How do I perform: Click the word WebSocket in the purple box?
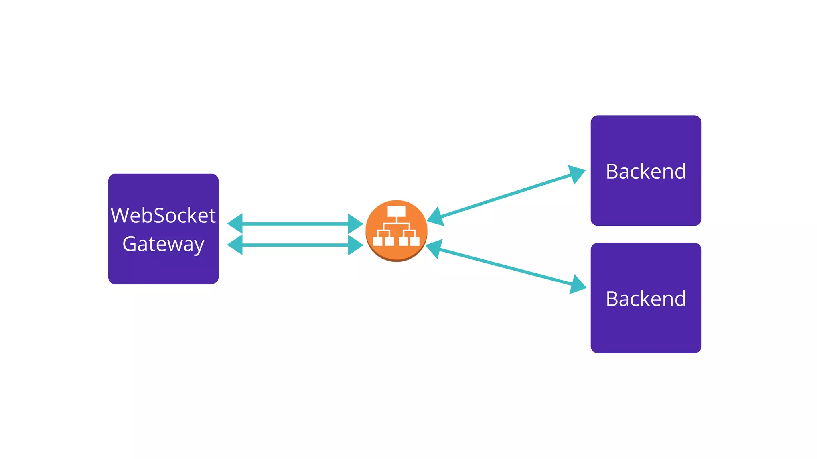click(x=163, y=216)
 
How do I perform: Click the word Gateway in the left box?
click(x=163, y=244)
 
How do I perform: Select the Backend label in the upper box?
click(x=645, y=171)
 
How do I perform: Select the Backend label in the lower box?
click(x=645, y=299)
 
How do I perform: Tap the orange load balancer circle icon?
click(x=396, y=231)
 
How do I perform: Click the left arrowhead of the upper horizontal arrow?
click(x=235, y=224)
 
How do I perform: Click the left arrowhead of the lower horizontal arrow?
click(x=235, y=245)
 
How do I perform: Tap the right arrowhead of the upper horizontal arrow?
click(x=355, y=224)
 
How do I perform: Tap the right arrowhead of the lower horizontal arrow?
click(x=355, y=245)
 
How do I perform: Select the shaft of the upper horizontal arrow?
click(x=295, y=224)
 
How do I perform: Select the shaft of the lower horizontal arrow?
click(x=295, y=245)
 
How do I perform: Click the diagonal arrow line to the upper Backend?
click(x=507, y=195)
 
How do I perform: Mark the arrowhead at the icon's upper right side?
click(x=436, y=217)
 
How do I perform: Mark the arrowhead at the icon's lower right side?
click(x=434, y=249)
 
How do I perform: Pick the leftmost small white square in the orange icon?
click(x=377, y=241)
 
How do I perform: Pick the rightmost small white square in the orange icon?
click(x=415, y=241)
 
